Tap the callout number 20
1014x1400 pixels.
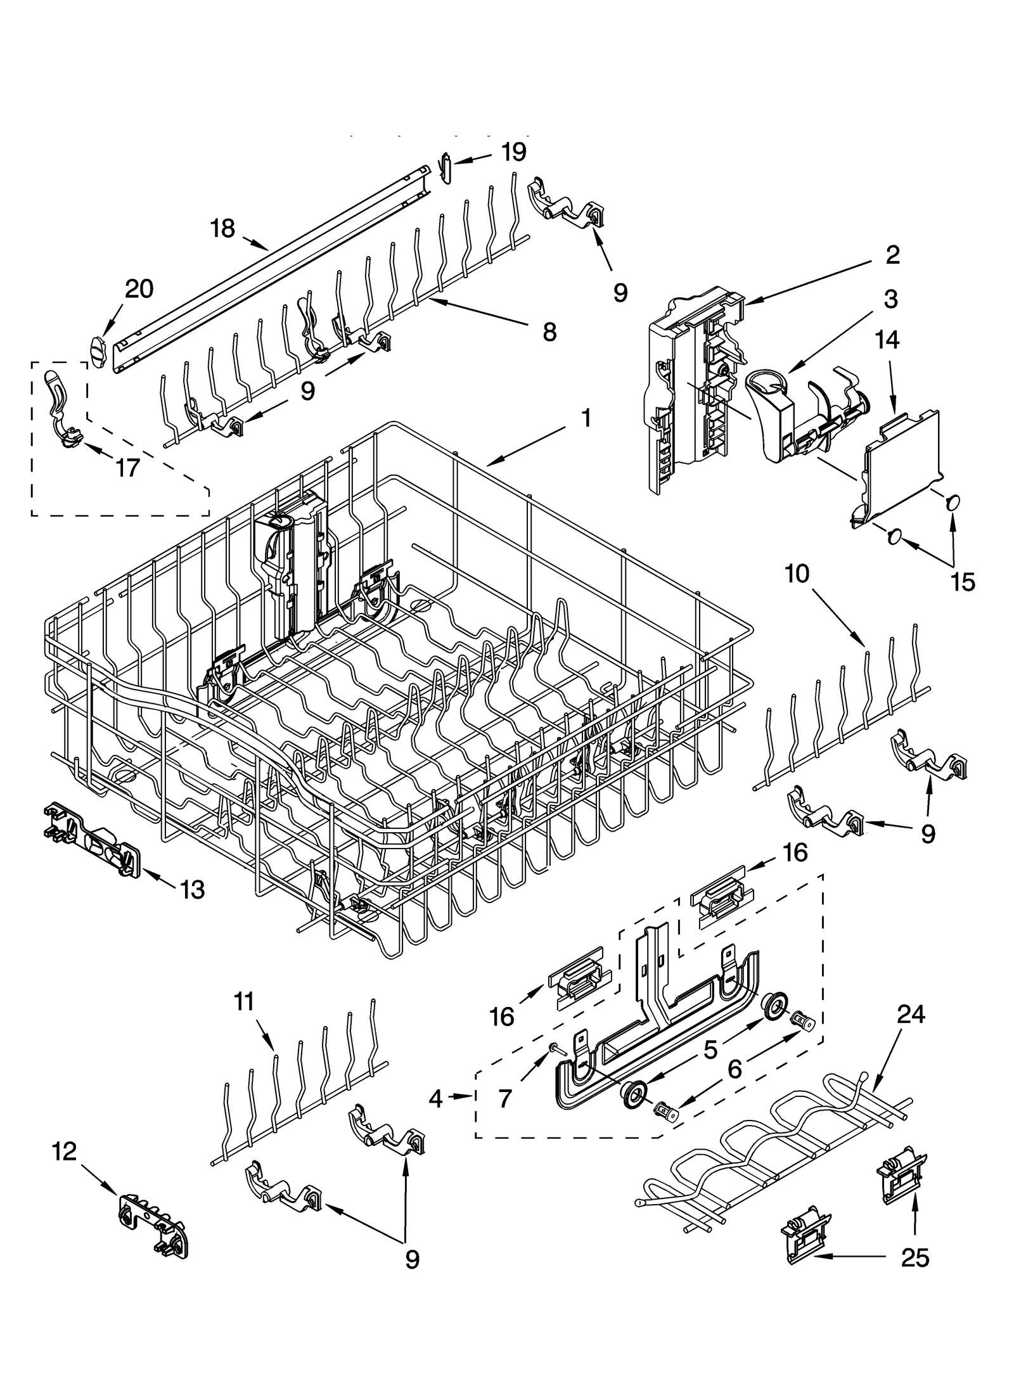click(x=139, y=289)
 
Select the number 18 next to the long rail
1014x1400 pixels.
click(x=222, y=228)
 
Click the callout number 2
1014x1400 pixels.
click(x=892, y=255)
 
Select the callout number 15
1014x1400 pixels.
click(x=963, y=582)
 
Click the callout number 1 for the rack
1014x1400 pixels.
click(x=586, y=418)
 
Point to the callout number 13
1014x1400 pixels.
click(x=192, y=890)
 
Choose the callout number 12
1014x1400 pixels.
click(x=65, y=1152)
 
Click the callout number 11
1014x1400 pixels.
click(x=244, y=1002)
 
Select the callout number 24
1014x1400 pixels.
click(x=911, y=1015)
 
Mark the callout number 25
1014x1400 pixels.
click(x=915, y=1257)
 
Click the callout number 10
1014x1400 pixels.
click(x=797, y=574)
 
